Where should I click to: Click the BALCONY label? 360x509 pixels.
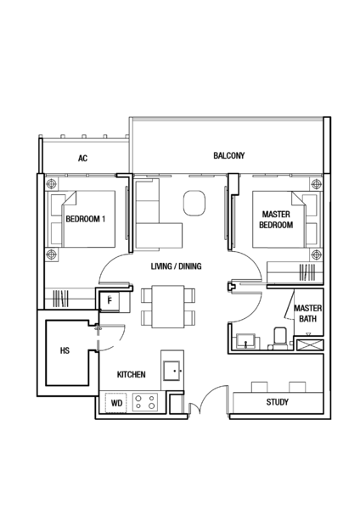point(228,155)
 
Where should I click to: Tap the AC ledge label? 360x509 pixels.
point(82,158)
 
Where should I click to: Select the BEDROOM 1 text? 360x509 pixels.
point(86,219)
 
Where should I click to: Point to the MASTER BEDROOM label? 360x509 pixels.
point(276,220)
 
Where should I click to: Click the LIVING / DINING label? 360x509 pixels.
point(176,266)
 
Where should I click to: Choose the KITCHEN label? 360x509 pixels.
point(132,375)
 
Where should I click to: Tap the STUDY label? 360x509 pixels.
point(277,402)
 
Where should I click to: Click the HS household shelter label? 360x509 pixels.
point(65,350)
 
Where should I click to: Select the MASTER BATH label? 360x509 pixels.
point(307,313)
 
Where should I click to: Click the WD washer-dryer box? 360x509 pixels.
point(116,403)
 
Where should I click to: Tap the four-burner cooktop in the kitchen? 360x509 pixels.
point(145,402)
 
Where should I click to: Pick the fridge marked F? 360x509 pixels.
point(110,300)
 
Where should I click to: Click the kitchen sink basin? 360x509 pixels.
point(172,371)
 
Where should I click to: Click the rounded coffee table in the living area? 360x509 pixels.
point(194,203)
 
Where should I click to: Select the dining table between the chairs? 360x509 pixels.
point(168,306)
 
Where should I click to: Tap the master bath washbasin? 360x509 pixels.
point(246,341)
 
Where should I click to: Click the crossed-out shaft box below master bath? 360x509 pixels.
point(310,345)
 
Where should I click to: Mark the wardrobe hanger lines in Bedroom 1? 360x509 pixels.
point(61,299)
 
